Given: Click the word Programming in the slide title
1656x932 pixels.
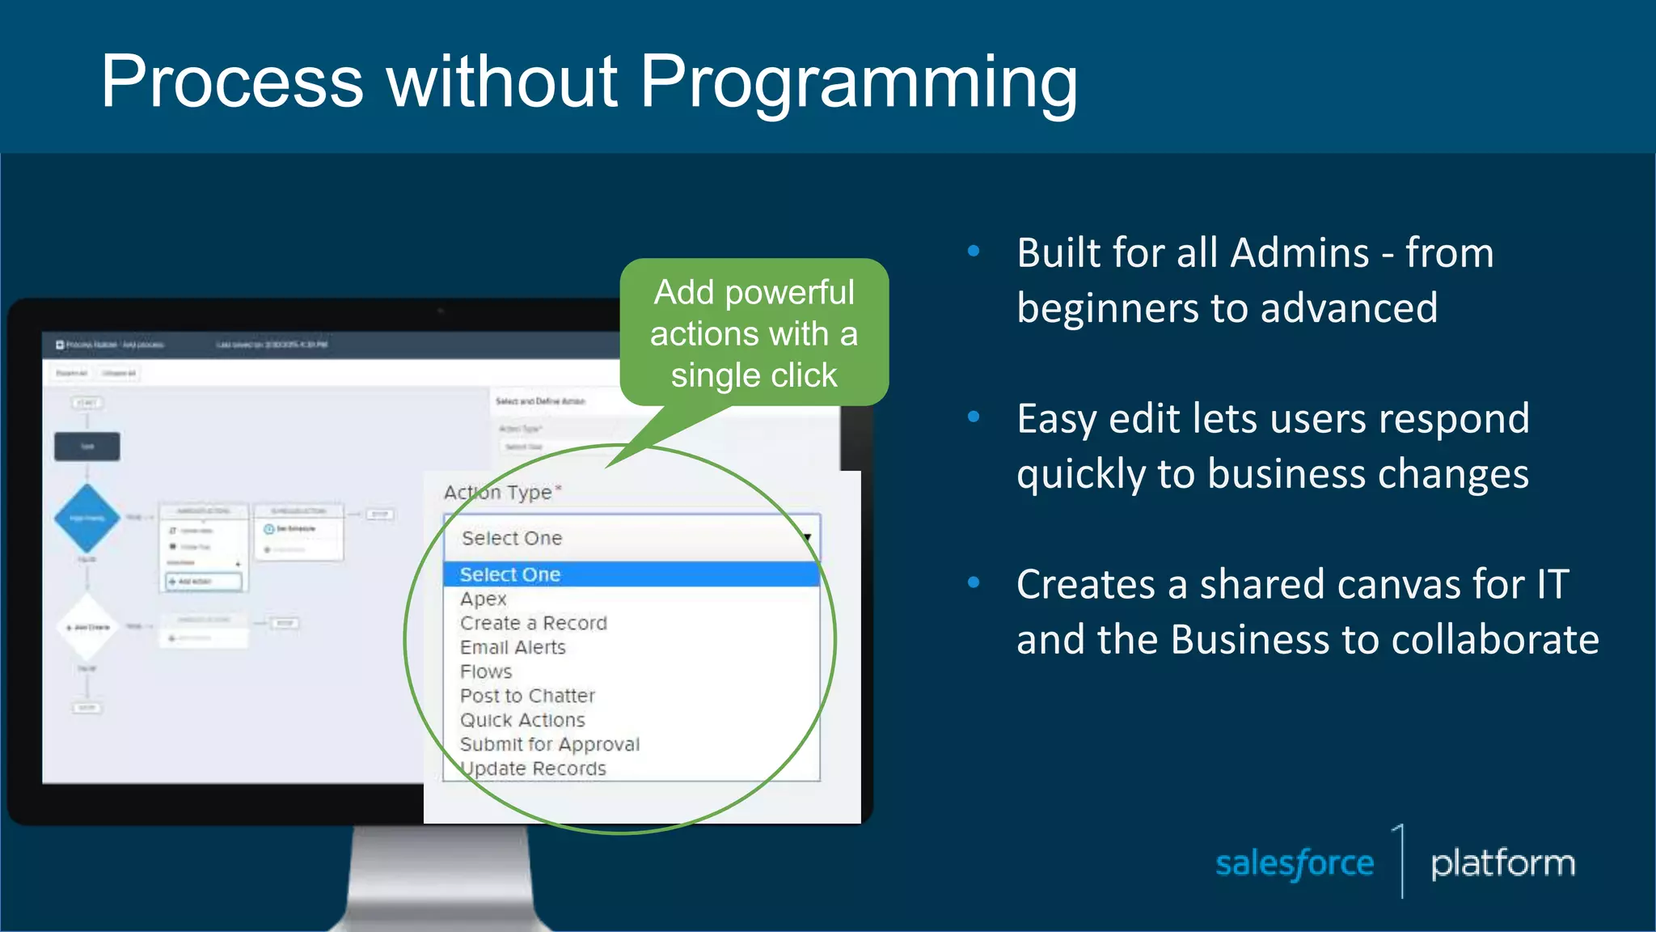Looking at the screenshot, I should (859, 82).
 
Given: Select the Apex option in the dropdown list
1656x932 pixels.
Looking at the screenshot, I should (484, 599).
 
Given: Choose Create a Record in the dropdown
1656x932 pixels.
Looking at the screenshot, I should (533, 624).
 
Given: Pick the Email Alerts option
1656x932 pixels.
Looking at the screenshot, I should (513, 648).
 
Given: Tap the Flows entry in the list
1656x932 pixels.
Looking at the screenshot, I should (486, 672).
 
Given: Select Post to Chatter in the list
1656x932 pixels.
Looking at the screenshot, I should (527, 697).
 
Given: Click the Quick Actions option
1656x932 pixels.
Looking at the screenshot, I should (522, 721).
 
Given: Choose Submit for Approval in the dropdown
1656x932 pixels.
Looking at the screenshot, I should (549, 745).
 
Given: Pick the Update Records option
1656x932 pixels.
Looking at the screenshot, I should (534, 769).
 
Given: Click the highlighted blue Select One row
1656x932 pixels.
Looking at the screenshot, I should (631, 574).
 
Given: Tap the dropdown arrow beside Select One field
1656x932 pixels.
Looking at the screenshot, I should (806, 539).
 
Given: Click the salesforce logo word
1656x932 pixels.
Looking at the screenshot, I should (1295, 864).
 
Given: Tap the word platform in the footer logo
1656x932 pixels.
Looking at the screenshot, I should (1502, 864).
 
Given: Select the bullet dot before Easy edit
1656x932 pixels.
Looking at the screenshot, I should (974, 417).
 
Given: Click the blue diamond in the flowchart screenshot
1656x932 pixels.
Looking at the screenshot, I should (87, 518).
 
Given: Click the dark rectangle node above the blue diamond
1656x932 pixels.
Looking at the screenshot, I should (87, 447).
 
